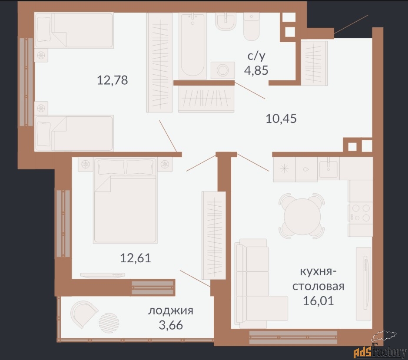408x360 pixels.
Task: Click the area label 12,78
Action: point(113,80)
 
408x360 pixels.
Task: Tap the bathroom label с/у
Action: point(256,56)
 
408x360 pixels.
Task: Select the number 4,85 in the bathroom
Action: point(256,70)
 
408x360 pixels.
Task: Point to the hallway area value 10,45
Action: point(281,119)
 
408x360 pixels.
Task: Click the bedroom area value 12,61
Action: point(136,258)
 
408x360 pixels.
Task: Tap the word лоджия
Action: point(171,311)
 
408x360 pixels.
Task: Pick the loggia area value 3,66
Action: point(171,325)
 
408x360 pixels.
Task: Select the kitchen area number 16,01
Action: point(318,301)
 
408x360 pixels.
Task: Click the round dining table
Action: point(302,216)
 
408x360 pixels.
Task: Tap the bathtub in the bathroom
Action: point(192,46)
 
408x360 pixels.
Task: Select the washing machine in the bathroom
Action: point(223,70)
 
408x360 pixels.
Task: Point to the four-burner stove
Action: point(360,213)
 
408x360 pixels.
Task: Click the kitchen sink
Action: point(328,166)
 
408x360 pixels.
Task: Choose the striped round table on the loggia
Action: point(109,323)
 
